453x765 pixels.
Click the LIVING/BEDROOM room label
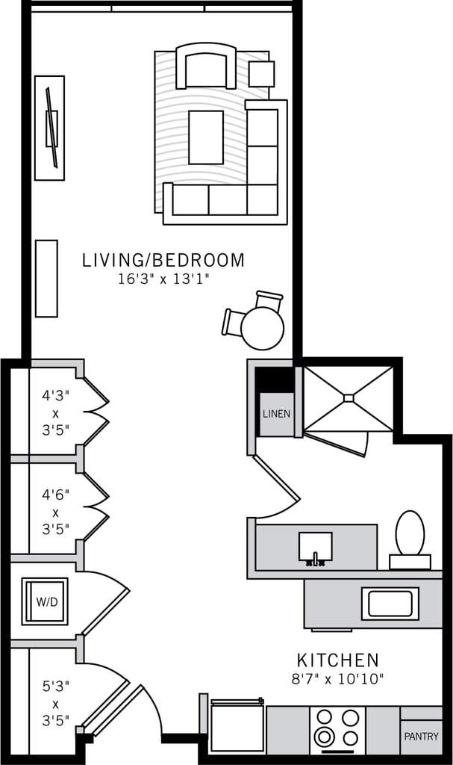tap(163, 261)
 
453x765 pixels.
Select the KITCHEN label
tap(337, 660)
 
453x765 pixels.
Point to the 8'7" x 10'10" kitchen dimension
tap(337, 679)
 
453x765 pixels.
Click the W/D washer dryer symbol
tap(45, 601)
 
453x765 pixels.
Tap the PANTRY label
tap(421, 737)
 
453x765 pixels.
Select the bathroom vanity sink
tap(316, 547)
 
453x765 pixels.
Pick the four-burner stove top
tap(337, 728)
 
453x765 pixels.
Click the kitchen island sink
tap(390, 604)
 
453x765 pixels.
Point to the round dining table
tap(262, 328)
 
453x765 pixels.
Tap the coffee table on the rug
tap(205, 137)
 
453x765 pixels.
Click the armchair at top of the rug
tap(205, 66)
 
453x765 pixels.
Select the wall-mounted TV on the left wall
tap(51, 128)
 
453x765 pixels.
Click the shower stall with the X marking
tap(349, 399)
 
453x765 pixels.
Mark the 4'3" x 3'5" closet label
tap(56, 410)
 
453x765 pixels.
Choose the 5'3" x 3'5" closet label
tap(56, 702)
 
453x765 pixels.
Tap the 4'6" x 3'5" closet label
tap(56, 511)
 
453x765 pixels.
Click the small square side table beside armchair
tap(261, 74)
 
